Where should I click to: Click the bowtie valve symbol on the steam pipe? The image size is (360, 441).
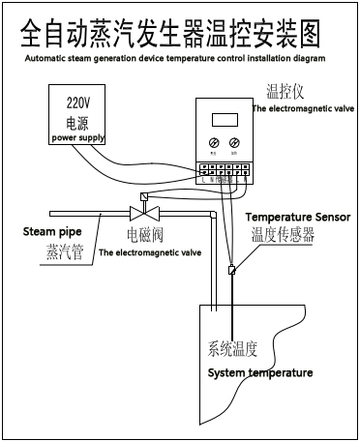point(144,214)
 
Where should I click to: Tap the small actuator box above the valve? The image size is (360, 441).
point(144,197)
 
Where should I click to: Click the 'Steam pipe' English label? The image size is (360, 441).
point(52,231)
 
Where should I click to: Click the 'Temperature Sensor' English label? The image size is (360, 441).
point(297,217)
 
